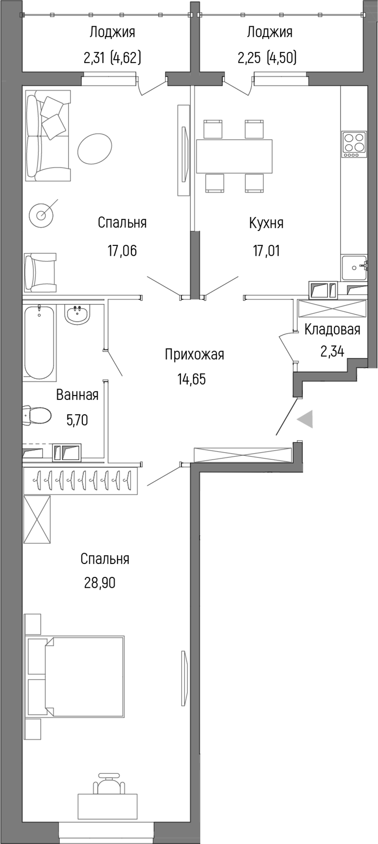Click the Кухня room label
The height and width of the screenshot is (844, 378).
click(266, 223)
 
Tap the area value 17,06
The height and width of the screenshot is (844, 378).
click(122, 251)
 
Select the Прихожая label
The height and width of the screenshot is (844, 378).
click(194, 354)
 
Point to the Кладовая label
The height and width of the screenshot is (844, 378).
click(332, 329)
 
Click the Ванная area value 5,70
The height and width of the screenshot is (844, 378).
click(77, 420)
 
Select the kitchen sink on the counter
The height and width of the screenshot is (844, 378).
click(354, 267)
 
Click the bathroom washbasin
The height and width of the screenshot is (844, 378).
click(78, 315)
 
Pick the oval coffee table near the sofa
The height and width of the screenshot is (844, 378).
click(94, 149)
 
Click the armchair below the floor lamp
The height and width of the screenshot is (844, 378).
click(40, 272)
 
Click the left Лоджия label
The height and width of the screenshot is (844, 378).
click(112, 32)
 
